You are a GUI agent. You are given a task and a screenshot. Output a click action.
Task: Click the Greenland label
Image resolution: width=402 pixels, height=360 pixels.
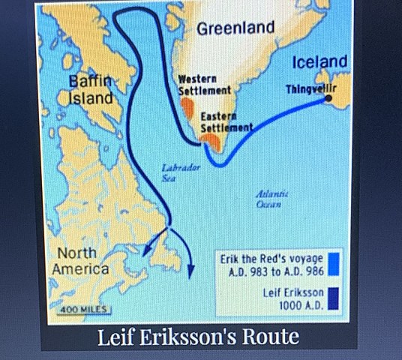pos(235,28)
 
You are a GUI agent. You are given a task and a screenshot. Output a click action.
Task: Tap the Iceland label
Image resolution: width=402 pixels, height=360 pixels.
pos(319,61)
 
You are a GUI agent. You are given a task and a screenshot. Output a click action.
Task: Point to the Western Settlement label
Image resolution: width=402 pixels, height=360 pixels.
pos(203,84)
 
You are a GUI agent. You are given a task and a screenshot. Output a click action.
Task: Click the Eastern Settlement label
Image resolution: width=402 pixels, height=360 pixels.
pos(226,123)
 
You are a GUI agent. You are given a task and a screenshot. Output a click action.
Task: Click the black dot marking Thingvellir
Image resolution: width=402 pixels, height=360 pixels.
pos(330,99)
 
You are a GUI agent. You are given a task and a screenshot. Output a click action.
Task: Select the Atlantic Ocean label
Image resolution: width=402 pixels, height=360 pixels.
pos(268,198)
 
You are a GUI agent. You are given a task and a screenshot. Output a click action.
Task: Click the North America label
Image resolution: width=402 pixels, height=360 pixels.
pos(80,260)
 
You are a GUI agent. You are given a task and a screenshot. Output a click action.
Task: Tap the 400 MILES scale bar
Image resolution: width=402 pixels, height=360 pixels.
pos(84,308)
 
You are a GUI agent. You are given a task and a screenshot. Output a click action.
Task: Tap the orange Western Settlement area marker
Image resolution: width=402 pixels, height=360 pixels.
pos(187,106)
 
